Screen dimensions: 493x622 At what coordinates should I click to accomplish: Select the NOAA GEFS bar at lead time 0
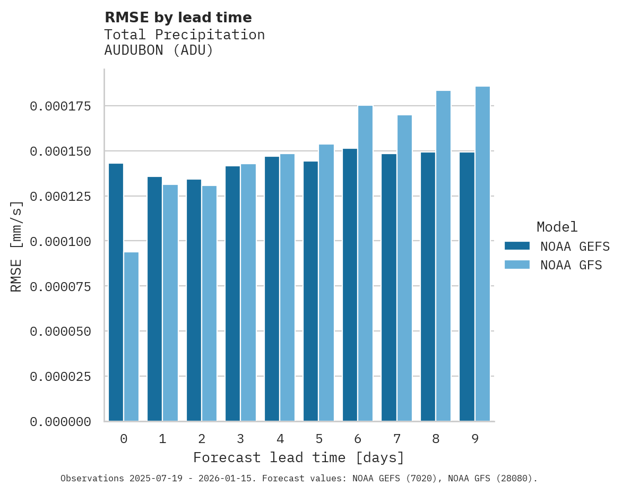point(116,292)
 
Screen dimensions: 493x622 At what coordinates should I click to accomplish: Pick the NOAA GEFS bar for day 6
point(350,285)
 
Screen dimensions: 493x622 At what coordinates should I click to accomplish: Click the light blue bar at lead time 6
point(366,263)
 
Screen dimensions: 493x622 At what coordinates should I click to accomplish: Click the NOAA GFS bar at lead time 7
point(404,268)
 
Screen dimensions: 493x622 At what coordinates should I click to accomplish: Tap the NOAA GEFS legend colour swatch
point(517,245)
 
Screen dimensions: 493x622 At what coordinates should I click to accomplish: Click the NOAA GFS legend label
point(571,265)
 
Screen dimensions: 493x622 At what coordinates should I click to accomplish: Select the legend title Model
point(557,227)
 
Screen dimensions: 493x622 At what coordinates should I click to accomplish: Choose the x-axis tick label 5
point(319,439)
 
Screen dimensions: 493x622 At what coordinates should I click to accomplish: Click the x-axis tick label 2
point(202,439)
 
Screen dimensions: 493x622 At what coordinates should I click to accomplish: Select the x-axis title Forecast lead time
point(299,457)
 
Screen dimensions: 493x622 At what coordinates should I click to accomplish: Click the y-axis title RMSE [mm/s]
point(16,246)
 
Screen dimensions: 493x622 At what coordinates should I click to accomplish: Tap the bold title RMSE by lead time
point(178,18)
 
